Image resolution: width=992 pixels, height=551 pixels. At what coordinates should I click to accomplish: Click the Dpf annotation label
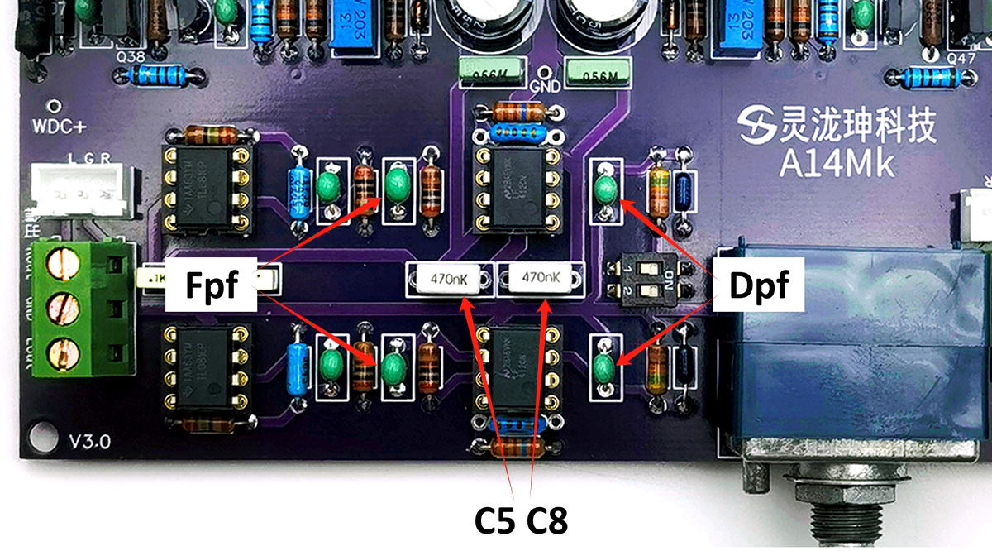coord(759,286)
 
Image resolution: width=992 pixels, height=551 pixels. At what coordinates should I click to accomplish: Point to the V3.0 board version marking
coord(89,441)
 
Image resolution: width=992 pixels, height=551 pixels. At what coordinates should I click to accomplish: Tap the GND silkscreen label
coord(546,86)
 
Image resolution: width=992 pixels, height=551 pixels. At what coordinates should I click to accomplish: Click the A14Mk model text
coord(837,163)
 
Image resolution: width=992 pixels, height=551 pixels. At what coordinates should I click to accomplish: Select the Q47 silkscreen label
coord(961,59)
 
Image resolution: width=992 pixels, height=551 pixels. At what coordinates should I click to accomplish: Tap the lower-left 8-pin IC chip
coord(207,371)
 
